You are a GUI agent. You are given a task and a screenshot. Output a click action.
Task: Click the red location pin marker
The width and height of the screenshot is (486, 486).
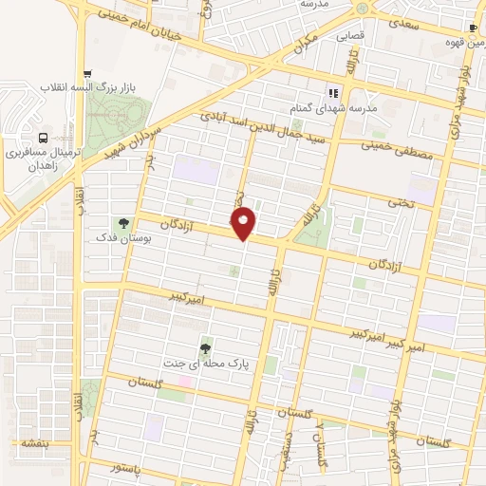(x=245, y=223)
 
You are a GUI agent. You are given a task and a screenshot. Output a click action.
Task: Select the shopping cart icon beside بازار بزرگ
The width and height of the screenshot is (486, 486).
(x=88, y=72)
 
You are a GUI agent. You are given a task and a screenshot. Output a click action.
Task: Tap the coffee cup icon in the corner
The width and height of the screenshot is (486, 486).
(x=474, y=28)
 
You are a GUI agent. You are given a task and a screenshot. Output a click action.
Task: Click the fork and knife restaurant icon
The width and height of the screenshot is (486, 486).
(x=333, y=93)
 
